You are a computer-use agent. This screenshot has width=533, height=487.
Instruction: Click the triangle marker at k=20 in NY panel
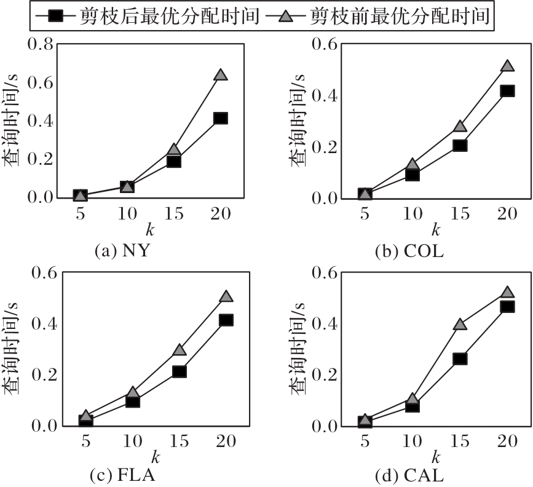point(221,75)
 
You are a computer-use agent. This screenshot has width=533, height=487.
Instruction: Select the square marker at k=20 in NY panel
point(221,118)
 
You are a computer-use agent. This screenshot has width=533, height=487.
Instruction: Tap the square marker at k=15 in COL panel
point(460,146)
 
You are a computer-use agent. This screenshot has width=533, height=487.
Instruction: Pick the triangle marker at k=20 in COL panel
point(507,66)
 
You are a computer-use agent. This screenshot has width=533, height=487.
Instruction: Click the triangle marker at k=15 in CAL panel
point(460,324)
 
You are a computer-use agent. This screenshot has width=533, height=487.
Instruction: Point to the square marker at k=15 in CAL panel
point(460,358)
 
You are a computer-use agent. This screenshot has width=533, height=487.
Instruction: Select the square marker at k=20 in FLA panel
point(226,320)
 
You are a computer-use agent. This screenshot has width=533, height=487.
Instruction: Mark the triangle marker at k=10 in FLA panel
point(132,392)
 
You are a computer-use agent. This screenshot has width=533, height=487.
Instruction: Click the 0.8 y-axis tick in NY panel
point(38,44)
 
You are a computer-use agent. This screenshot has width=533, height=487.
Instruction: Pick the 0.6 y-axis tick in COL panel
point(325,44)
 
